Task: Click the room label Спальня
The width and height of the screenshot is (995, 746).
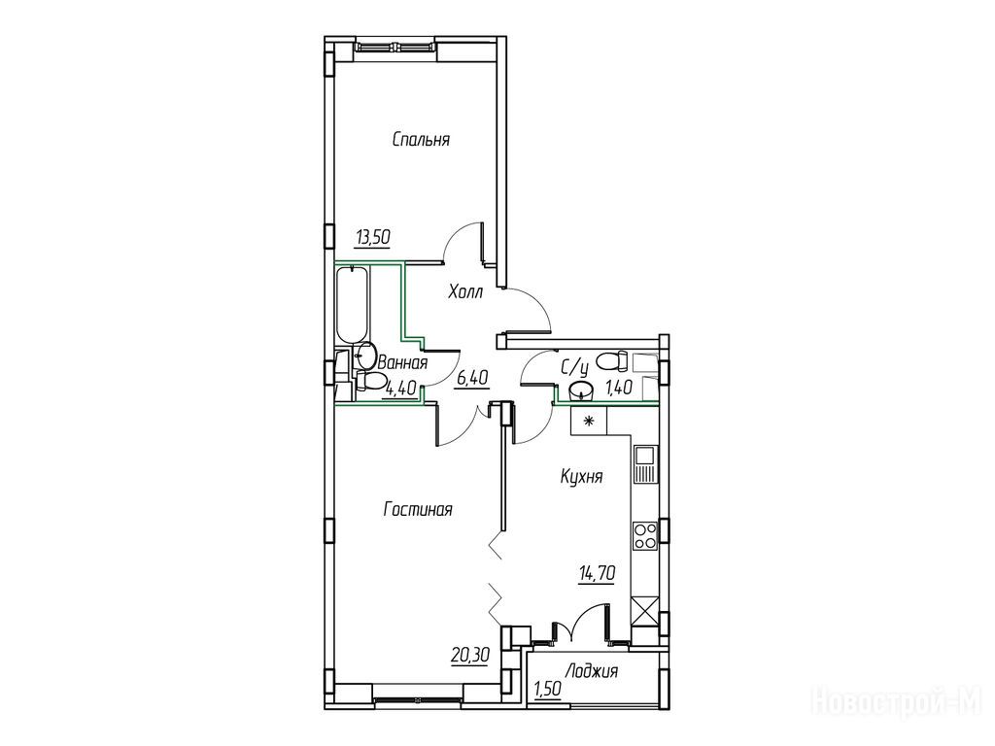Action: coord(422,140)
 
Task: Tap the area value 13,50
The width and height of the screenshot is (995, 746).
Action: coord(372,238)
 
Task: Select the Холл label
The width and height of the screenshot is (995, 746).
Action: coord(465,292)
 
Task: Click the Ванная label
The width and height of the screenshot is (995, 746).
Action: coord(402,363)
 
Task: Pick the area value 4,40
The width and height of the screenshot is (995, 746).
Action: coord(399,389)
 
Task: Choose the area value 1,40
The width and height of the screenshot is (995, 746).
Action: coord(618,387)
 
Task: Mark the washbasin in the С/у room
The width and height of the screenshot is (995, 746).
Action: coord(581,390)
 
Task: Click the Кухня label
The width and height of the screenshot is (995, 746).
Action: coord(581,476)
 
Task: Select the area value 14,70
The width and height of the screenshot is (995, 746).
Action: coord(597,574)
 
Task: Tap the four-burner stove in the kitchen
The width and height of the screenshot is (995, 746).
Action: coord(645,535)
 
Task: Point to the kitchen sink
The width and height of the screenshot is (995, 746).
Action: coord(645,464)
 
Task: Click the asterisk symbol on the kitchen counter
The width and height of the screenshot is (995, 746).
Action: coord(588,420)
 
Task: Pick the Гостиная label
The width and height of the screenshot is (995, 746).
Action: coord(418,509)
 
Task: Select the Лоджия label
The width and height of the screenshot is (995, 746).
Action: coord(592,671)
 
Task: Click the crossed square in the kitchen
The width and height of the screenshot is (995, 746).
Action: coord(645,612)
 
